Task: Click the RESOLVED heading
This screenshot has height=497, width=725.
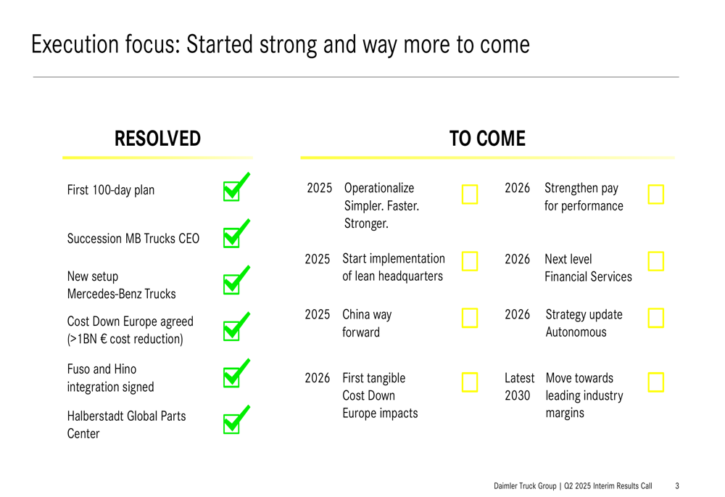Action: [x=157, y=139]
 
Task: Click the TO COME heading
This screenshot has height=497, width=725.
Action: [x=487, y=139]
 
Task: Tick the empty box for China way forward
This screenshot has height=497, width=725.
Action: [x=470, y=318]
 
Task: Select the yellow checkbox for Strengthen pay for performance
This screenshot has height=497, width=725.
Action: [x=655, y=194]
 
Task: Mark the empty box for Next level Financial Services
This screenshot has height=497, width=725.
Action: [x=655, y=261]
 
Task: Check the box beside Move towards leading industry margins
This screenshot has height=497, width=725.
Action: [x=655, y=382]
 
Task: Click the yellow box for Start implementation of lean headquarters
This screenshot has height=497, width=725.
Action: [x=470, y=261]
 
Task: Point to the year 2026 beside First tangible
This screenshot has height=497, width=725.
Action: [x=318, y=378]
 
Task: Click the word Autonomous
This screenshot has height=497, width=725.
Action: [x=576, y=332]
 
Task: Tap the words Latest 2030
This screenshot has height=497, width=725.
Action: [x=519, y=387]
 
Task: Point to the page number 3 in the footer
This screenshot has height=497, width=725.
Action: [x=677, y=486]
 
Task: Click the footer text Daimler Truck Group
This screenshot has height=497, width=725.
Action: [x=525, y=486]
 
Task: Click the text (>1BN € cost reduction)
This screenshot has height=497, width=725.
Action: [x=125, y=340]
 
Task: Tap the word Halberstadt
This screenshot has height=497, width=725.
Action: [x=95, y=416]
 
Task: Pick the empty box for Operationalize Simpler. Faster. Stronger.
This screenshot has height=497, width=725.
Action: [x=470, y=194]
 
